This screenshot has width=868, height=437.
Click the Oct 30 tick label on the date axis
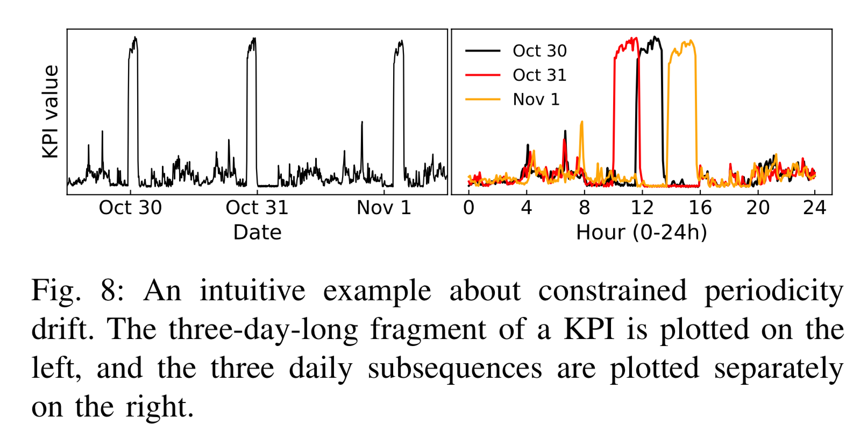(x=130, y=208)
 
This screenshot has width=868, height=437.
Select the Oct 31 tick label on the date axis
(x=257, y=208)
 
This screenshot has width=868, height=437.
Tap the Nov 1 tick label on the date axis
(x=384, y=208)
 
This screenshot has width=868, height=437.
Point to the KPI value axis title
(x=51, y=111)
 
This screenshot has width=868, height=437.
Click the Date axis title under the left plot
(x=257, y=232)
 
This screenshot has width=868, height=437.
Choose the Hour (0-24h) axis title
(x=641, y=232)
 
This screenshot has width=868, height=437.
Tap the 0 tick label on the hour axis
(x=468, y=208)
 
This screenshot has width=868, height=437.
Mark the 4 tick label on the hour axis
(x=527, y=208)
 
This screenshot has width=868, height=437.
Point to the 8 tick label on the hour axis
(x=584, y=208)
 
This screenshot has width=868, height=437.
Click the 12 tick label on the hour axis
(x=642, y=208)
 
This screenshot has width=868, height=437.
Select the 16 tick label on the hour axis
(x=700, y=208)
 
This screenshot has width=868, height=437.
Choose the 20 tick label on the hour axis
(x=757, y=208)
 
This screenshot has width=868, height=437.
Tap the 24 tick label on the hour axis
(x=815, y=208)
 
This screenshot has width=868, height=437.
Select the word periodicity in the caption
(x=774, y=291)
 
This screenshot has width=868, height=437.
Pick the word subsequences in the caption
(x=455, y=369)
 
